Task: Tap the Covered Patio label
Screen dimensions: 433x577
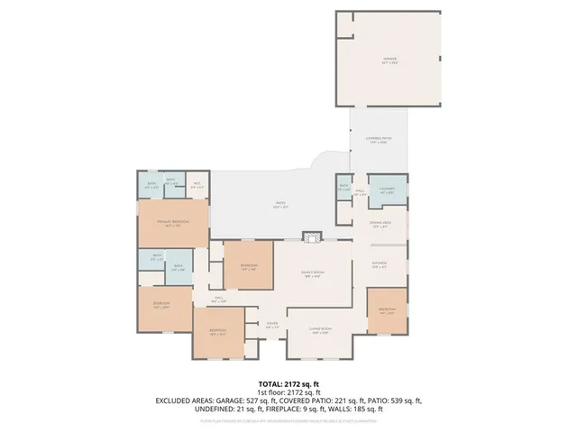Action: pyautogui.click(x=376, y=140)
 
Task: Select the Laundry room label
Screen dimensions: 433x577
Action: pyautogui.click(x=388, y=190)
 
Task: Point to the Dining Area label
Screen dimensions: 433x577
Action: pyautogui.click(x=380, y=224)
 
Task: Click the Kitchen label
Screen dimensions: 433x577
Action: pyautogui.click(x=380, y=264)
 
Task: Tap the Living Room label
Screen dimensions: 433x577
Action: pyautogui.click(x=321, y=330)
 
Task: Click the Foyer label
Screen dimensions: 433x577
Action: pyautogui.click(x=271, y=325)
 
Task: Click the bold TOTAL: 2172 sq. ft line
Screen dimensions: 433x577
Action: pyautogui.click(x=288, y=384)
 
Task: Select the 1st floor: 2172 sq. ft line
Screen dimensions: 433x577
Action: pyautogui.click(x=288, y=392)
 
